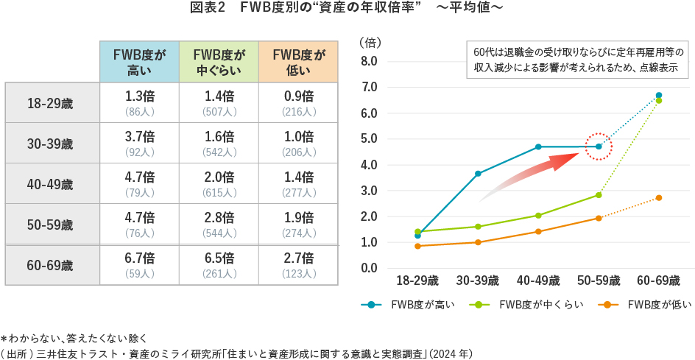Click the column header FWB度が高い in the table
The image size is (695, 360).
pos(139,62)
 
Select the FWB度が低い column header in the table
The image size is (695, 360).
pos(298,62)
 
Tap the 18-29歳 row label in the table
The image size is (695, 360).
pos(51,103)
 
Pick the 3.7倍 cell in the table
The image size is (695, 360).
pos(139,136)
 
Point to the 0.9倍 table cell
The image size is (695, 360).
pos(298,96)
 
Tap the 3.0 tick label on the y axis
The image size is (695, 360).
pos(370,191)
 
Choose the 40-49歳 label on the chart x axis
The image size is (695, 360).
pos(537,280)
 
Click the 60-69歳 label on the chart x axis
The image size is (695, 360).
pos(658,280)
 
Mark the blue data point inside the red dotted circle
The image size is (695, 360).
pos(599,147)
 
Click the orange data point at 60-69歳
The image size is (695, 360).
pos(659,197)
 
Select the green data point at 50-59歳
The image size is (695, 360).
pos(599,195)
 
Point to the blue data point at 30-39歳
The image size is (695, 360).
pos(479,174)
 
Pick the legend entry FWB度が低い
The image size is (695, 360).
pos(648,305)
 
